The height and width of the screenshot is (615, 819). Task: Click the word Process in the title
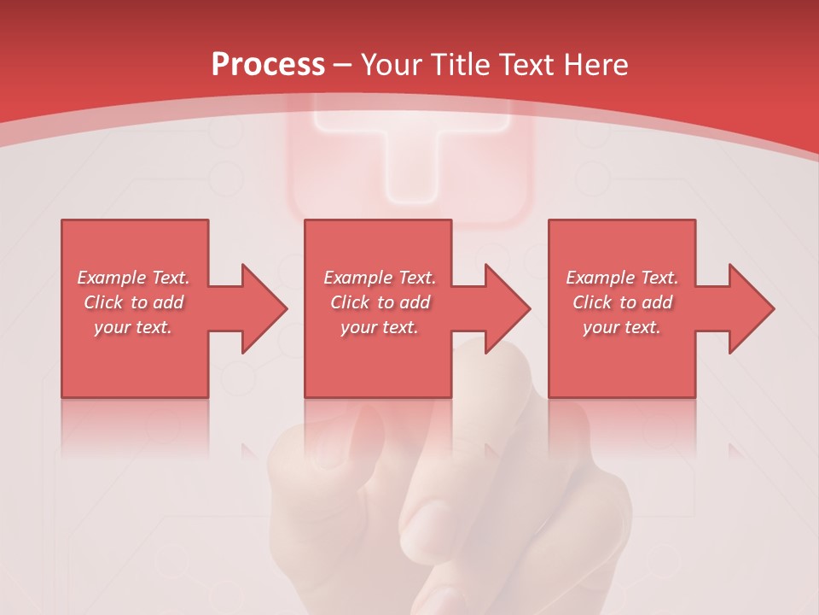click(268, 65)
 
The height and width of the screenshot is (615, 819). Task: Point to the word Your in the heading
click(393, 65)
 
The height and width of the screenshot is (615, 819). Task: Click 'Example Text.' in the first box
click(134, 278)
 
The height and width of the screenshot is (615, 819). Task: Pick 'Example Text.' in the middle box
click(380, 278)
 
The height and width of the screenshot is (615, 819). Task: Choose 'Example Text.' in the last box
click(622, 278)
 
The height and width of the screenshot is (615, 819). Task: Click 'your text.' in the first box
click(133, 327)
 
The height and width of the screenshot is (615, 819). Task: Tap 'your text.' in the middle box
click(379, 327)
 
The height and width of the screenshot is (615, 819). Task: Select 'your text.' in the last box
click(621, 327)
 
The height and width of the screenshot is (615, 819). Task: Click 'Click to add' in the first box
click(133, 302)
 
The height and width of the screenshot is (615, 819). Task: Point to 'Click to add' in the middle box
click(380, 302)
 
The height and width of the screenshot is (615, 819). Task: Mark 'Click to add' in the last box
click(622, 302)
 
